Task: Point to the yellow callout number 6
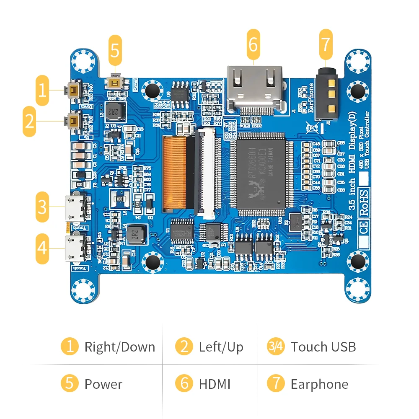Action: (x=253, y=44)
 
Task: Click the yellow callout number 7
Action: (x=326, y=44)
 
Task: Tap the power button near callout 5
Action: (x=114, y=82)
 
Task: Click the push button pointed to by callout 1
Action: (x=74, y=89)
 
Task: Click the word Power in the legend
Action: (x=103, y=384)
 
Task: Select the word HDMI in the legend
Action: (x=215, y=384)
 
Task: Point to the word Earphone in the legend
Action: (x=319, y=384)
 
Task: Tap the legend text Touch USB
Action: (x=323, y=347)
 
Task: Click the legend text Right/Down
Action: (x=119, y=347)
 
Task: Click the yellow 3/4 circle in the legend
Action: (x=276, y=347)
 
